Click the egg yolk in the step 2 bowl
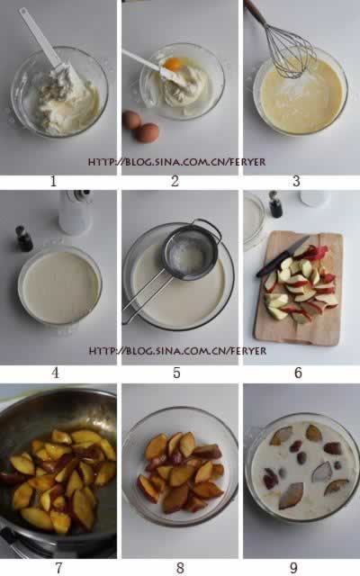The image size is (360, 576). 172,64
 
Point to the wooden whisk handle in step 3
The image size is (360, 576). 256,12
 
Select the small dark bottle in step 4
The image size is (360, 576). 24,238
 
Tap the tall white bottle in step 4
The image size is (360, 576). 76,212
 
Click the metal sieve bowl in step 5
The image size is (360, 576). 190,252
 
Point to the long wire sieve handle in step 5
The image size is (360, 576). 147,292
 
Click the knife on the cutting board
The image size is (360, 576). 282,256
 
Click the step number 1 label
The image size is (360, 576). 54,181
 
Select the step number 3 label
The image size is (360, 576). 296,181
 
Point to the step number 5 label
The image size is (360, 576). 176,373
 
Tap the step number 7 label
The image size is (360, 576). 58,568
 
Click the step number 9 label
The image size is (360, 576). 294,568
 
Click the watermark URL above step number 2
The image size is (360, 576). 176,162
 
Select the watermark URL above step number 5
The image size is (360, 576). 177,351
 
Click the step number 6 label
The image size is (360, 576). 298,373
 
